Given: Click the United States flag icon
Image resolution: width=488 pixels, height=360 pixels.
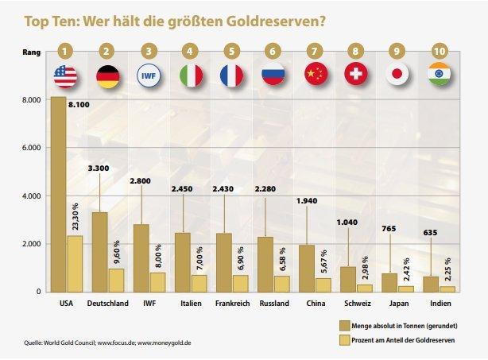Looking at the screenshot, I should click(x=65, y=76).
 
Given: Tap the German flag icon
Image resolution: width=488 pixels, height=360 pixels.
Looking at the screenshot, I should click(x=107, y=76).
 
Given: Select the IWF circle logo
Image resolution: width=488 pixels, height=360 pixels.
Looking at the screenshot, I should click(x=148, y=76).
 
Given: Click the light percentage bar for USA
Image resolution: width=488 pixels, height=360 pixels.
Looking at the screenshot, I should click(x=74, y=263).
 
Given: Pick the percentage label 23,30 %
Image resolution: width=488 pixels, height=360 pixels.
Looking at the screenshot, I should click(x=73, y=215).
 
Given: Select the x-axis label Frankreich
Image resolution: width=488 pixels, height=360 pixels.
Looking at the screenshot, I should click(x=231, y=303).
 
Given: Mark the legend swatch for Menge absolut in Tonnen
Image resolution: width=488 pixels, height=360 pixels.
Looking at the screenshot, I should click(x=344, y=326).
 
